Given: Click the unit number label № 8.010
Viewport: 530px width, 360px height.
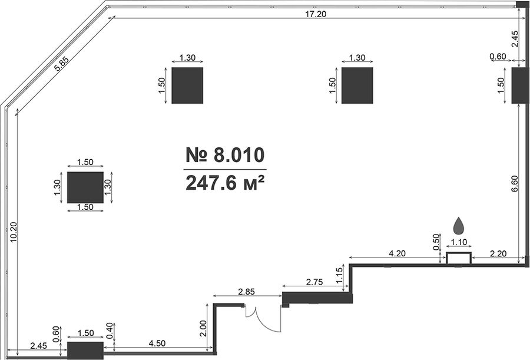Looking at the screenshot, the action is [225, 155].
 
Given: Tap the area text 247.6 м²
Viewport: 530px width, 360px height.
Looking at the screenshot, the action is [225, 183].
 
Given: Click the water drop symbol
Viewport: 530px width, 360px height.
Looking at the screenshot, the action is [459, 226].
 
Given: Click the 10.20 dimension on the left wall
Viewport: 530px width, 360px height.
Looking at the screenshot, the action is [13, 232].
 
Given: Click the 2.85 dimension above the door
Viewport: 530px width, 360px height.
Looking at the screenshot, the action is [246, 291].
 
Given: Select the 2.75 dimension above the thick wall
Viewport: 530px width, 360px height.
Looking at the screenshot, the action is [314, 282].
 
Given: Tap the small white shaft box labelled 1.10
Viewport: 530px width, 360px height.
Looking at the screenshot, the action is [459, 258].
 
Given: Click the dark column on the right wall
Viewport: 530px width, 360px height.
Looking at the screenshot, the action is [520, 85].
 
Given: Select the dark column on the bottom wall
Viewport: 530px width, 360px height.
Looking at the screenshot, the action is [85, 351].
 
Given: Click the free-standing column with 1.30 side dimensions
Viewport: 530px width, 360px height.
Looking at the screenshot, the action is [85, 187].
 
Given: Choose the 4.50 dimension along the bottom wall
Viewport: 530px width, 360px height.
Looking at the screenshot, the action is [157, 343].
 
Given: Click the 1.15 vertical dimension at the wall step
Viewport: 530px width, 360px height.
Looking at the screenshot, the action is [340, 273].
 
